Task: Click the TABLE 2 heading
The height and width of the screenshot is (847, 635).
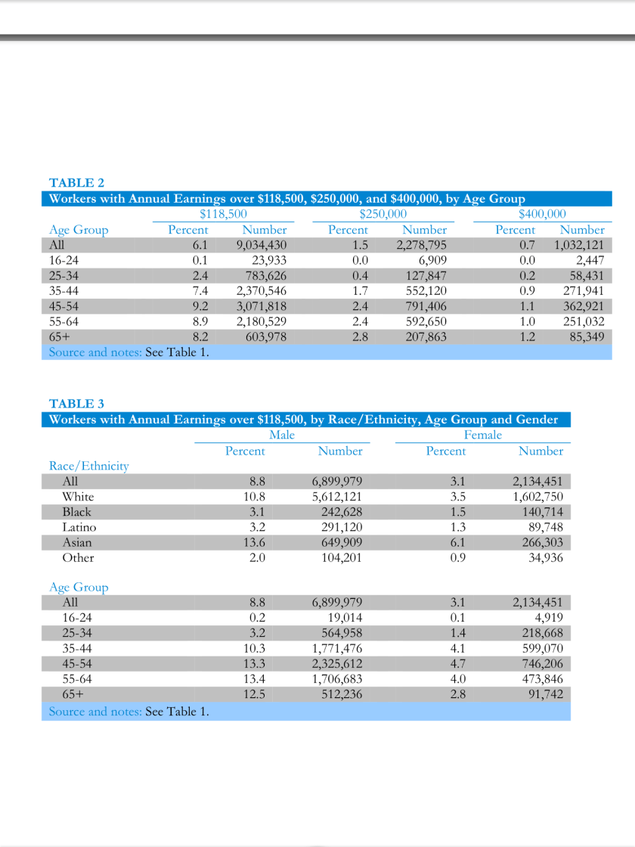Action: (76, 183)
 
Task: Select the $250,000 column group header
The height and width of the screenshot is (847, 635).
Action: (383, 214)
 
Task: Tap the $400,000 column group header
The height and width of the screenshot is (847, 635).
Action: (542, 214)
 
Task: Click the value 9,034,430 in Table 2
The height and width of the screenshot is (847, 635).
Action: (261, 245)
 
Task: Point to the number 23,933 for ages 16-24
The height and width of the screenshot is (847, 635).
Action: (269, 260)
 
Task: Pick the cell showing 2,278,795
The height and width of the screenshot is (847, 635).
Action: (421, 245)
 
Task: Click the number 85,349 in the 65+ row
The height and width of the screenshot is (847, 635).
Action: (587, 337)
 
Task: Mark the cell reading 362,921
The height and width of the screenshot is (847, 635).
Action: (584, 306)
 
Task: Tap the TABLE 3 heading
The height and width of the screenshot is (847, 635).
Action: (76, 404)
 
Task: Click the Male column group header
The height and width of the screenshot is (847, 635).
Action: (282, 435)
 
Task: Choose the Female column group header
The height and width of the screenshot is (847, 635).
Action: (482, 435)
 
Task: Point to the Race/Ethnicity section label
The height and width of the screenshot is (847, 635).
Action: (88, 466)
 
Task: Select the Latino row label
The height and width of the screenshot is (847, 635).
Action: (79, 527)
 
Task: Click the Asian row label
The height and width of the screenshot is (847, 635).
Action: (77, 542)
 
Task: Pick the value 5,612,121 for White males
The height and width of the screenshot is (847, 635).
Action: (337, 497)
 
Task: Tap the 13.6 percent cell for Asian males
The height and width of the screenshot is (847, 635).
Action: (256, 542)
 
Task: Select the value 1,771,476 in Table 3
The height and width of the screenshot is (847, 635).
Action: (337, 648)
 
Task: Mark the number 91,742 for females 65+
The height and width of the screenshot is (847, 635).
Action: (545, 694)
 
